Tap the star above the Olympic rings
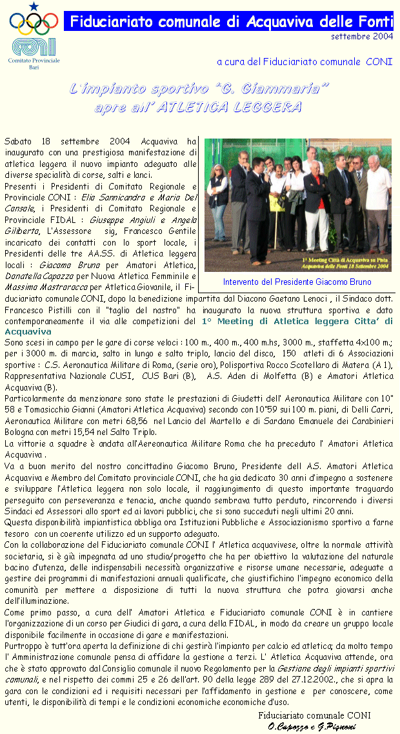(34, 6)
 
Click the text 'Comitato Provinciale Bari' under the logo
(34, 63)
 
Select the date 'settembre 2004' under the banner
(362, 36)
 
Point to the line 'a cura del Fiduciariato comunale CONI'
(305, 62)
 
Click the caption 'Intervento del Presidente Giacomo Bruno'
(297, 282)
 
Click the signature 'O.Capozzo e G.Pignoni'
(314, 726)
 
